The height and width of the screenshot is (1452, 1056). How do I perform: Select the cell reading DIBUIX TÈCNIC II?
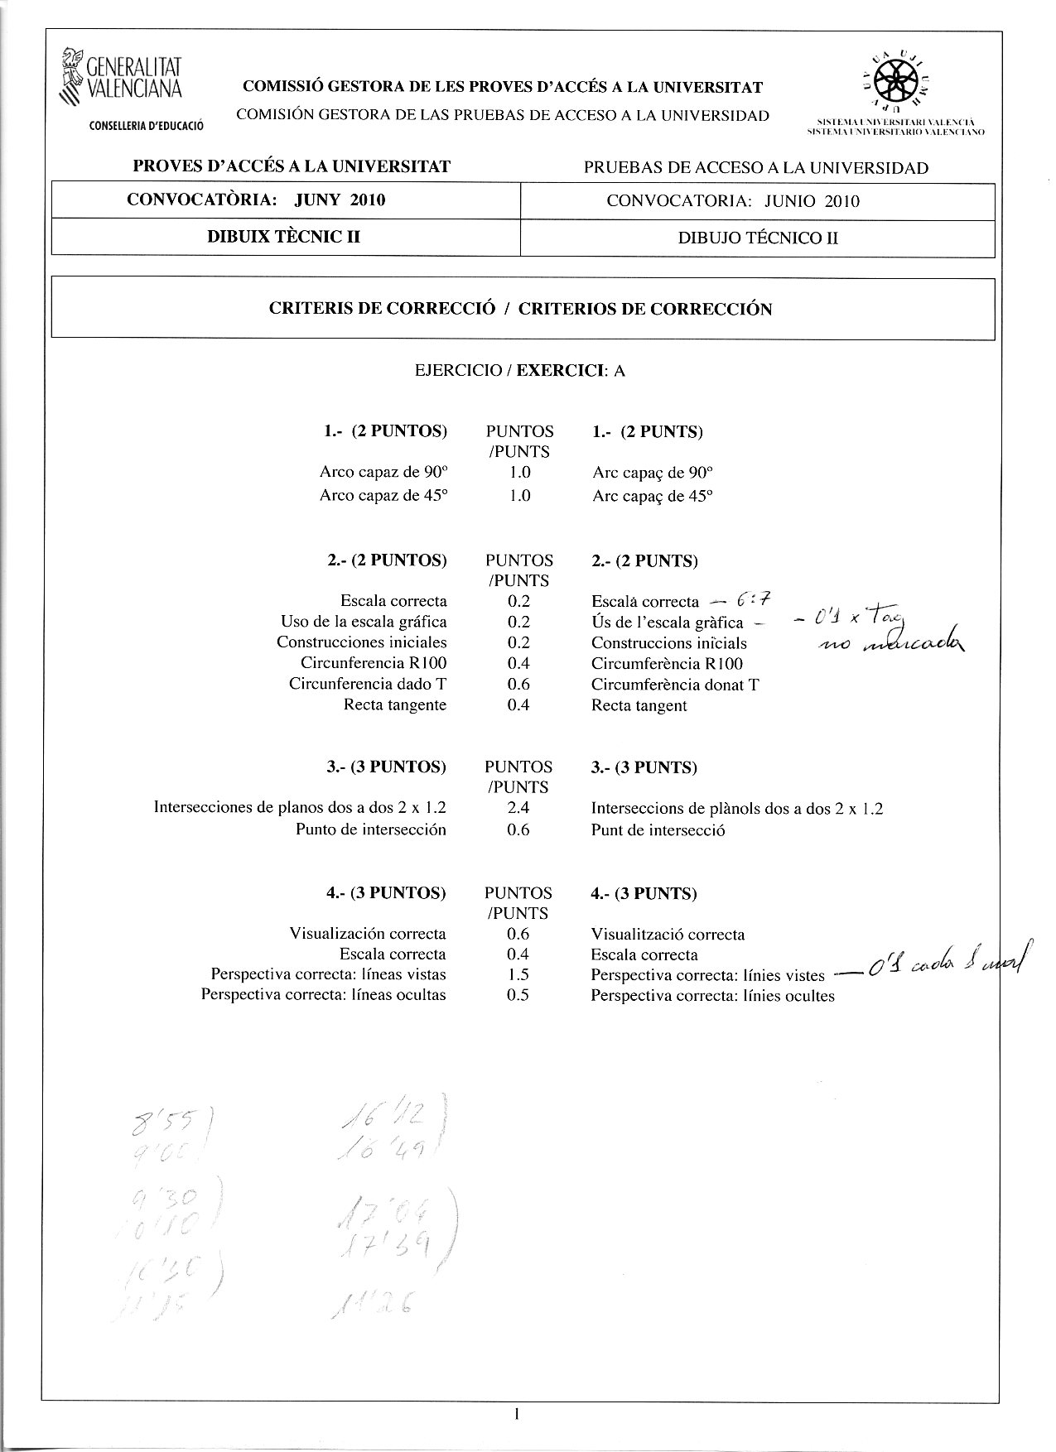coord(284,238)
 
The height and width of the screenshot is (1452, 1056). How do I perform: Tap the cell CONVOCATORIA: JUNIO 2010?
coord(733,201)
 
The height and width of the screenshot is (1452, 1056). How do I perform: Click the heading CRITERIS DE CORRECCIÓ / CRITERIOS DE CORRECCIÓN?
coord(521,310)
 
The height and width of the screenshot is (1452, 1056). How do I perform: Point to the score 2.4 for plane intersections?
coord(518,809)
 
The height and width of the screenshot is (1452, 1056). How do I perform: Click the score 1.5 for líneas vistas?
coord(518,975)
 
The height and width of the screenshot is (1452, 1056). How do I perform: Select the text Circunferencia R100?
coord(374,663)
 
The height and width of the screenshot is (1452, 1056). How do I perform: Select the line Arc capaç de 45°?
coord(653,497)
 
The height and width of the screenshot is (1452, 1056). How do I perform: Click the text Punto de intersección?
coord(371,829)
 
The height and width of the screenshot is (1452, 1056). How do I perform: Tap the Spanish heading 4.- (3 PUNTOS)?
coord(386,893)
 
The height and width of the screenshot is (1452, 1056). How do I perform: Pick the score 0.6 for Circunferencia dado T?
coord(518,685)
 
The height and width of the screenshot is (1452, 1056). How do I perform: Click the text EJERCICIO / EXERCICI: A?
coord(520,371)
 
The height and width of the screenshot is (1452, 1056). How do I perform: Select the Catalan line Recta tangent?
coord(639,706)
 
